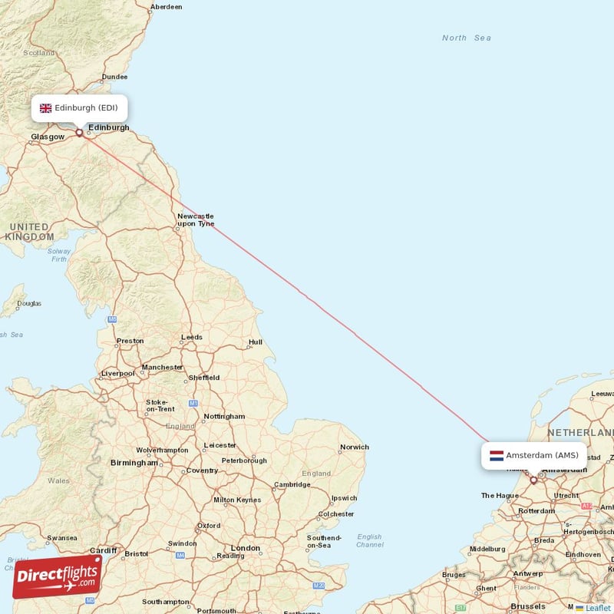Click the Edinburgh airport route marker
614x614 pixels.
(79, 133)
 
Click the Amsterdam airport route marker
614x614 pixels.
(533, 480)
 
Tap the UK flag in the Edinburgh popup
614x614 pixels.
(45, 108)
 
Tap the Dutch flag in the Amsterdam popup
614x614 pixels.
(496, 455)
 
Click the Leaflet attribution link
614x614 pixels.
(598, 608)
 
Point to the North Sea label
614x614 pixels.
(466, 38)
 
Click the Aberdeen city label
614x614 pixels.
(167, 7)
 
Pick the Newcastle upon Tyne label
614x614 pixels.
(195, 220)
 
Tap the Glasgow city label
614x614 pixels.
(47, 137)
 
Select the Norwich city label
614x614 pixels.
(355, 447)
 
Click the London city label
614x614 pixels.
(246, 548)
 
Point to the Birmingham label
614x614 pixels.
(134, 463)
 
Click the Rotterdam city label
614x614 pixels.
(536, 511)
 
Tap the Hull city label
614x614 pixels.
(255, 342)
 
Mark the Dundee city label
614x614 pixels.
(114, 77)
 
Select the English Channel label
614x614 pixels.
(369, 541)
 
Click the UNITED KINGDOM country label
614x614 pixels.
(29, 232)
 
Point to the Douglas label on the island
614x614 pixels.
(29, 303)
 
